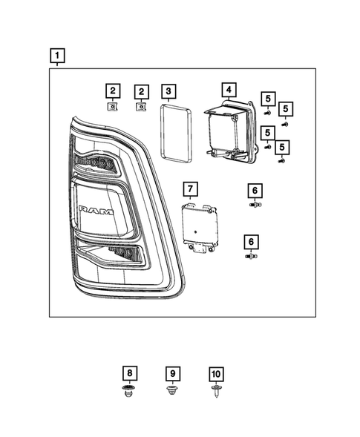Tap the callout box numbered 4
click(229, 91)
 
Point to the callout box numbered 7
click(190, 189)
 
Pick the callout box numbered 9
click(172, 374)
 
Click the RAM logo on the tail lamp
click(96, 211)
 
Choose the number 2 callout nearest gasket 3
click(140, 91)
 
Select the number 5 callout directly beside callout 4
click(268, 98)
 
